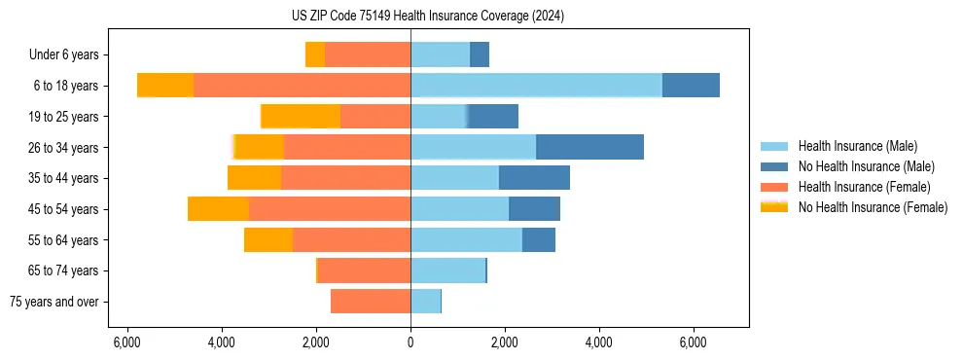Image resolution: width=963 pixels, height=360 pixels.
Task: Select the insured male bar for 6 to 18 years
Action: (536, 86)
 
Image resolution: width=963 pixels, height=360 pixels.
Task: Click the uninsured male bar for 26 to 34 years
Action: (589, 147)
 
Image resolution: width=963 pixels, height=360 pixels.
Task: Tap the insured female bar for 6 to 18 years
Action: (302, 86)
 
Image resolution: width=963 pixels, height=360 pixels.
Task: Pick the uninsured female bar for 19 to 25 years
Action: (301, 117)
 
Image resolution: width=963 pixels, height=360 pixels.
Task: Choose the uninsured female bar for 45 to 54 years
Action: (218, 209)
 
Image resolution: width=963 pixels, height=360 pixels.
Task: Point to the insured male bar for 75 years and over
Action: (425, 302)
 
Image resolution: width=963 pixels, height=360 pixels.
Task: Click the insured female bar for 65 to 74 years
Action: (364, 270)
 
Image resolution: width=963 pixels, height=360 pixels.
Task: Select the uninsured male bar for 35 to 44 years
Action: (534, 178)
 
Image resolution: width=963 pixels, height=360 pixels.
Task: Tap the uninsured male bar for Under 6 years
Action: (480, 54)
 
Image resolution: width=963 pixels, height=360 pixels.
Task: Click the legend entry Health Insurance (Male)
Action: (857, 146)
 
